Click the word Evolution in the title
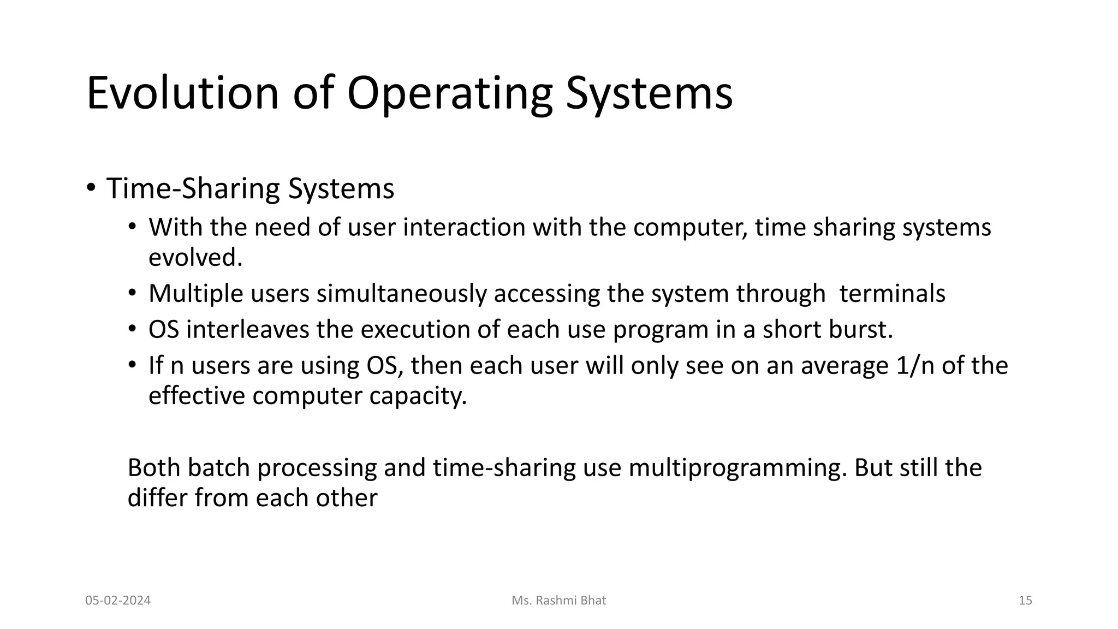183,93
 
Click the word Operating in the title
449,93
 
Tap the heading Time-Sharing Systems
250,189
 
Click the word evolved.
195,258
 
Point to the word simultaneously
401,294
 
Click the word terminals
892,294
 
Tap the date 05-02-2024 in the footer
118,601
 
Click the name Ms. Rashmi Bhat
558,601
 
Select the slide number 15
1025,601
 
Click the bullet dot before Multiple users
132,294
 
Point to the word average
845,366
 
